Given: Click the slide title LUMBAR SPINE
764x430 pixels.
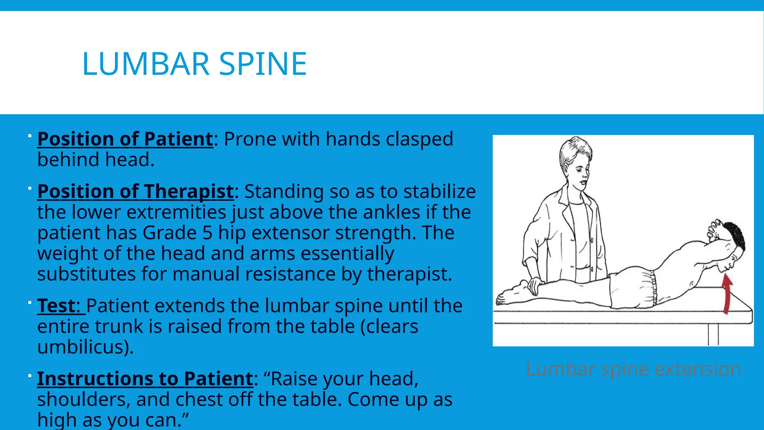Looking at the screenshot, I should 194,64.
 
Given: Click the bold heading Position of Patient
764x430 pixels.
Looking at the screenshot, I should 125,139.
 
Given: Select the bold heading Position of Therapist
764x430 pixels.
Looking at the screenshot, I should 135,191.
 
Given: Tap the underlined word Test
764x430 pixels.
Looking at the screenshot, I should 56,306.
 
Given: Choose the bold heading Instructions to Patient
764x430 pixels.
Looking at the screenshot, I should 145,378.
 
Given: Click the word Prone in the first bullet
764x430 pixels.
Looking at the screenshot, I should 250,139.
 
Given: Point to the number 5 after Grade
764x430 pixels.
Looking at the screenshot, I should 207,233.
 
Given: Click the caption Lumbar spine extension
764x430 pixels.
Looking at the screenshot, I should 633,370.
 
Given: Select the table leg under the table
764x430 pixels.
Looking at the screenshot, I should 713,334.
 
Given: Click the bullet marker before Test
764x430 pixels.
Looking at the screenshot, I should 29,302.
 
